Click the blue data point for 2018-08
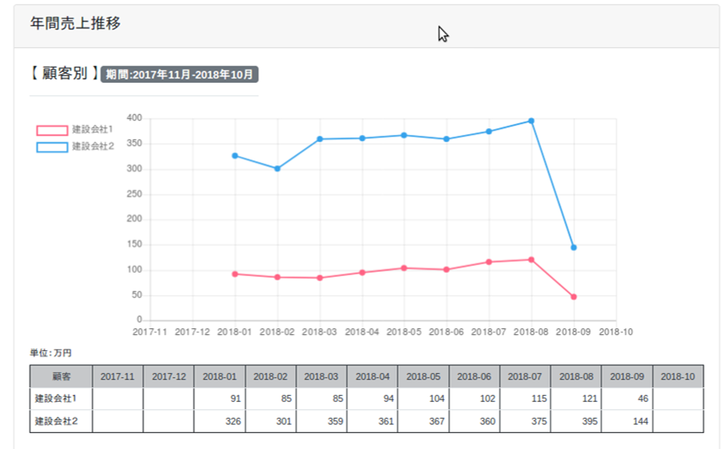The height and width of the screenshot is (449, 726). [x=531, y=121]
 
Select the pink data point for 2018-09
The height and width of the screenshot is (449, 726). [x=573, y=297]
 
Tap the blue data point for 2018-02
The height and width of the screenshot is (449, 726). [x=277, y=169]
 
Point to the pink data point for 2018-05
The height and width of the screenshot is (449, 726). [x=404, y=268]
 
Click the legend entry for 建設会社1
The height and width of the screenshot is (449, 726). [x=75, y=130]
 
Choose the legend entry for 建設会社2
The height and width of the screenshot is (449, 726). [x=75, y=147]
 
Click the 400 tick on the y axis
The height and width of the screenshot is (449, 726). [x=134, y=118]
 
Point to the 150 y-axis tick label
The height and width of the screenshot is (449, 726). [x=134, y=245]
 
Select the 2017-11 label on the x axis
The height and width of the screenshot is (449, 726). [x=150, y=332]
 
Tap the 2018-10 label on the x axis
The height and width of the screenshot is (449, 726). [x=614, y=332]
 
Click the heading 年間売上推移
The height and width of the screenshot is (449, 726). [x=75, y=24]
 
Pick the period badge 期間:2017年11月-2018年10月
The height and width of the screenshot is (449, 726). [x=179, y=74]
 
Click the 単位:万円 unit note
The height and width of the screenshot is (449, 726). [x=52, y=353]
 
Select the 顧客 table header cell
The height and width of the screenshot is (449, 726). [x=61, y=376]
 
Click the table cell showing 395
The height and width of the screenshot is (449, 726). [x=576, y=421]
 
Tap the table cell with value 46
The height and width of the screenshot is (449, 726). [x=626, y=398]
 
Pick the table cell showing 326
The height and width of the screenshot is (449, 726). [x=219, y=421]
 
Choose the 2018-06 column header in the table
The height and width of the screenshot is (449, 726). [x=474, y=376]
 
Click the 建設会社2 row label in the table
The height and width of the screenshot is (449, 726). [x=61, y=421]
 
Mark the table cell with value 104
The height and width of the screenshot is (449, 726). [x=423, y=398]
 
